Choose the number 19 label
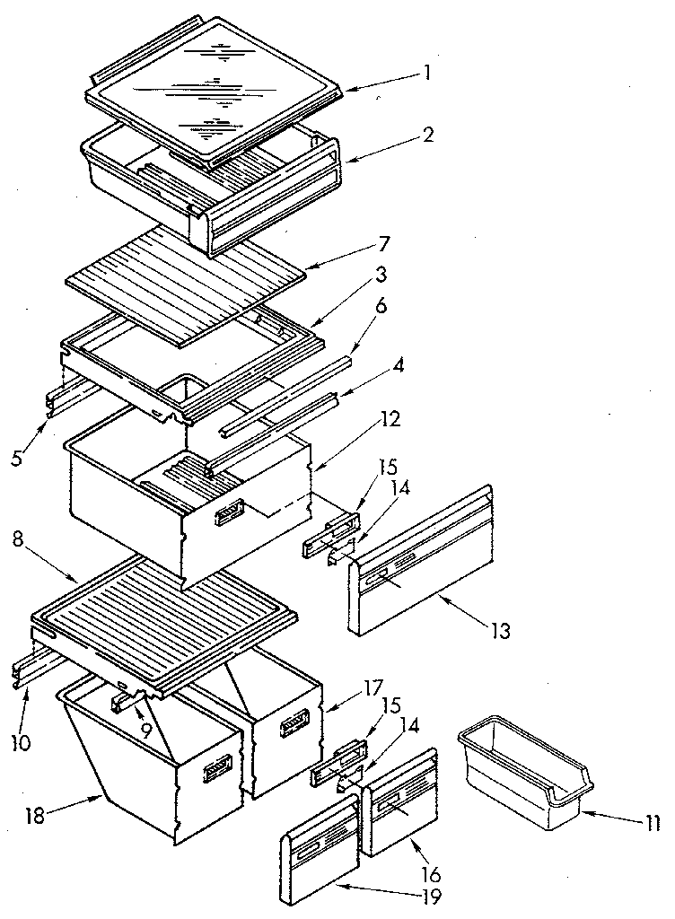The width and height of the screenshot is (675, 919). pyautogui.click(x=432, y=895)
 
